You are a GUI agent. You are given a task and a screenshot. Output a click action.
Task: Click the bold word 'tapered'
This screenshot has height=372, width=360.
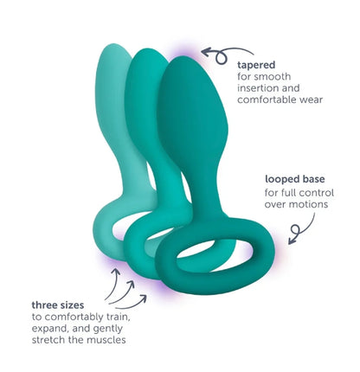[x=256, y=65]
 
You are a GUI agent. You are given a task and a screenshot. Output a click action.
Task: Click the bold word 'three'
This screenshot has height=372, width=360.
[x=45, y=305]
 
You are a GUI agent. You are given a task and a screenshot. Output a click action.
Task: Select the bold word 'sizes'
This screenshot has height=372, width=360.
[x=73, y=305]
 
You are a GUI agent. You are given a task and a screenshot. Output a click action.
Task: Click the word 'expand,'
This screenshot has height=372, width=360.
[x=51, y=329]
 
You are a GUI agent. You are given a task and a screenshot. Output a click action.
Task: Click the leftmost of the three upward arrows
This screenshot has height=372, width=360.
[x=114, y=284]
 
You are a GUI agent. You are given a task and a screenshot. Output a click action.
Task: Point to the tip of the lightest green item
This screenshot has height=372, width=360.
[x=114, y=46]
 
